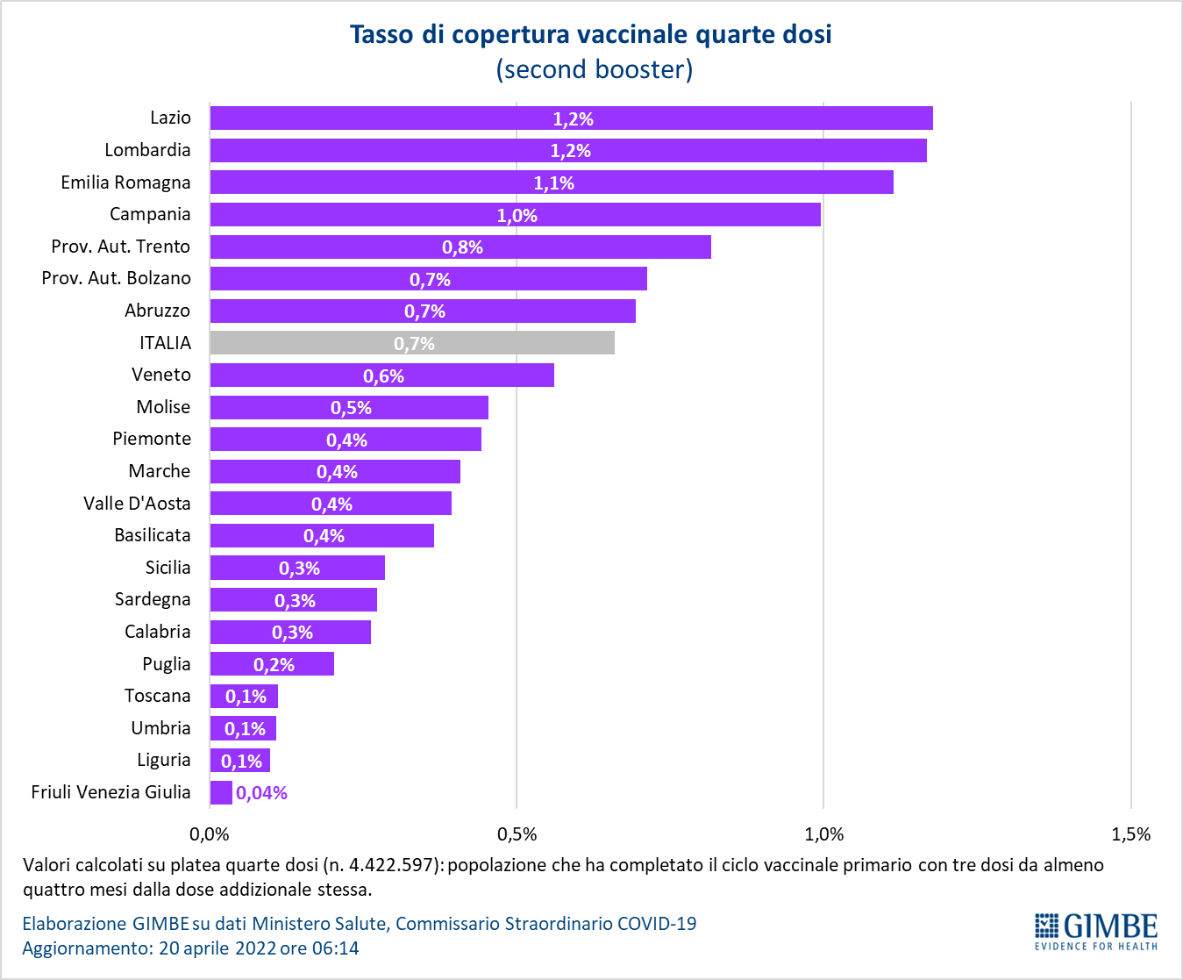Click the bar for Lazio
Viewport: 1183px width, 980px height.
pyautogui.click(x=571, y=118)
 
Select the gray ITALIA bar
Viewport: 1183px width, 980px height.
pyautogui.click(x=412, y=343)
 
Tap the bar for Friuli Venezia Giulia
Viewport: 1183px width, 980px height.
pyautogui.click(x=221, y=792)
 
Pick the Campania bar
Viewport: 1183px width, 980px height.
pyautogui.click(x=515, y=214)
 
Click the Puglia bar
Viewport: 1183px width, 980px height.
pyautogui.click(x=272, y=664)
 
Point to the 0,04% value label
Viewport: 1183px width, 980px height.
pyautogui.click(x=261, y=793)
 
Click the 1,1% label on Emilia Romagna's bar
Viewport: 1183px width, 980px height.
pyautogui.click(x=553, y=183)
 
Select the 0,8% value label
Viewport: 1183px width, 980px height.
pyautogui.click(x=462, y=247)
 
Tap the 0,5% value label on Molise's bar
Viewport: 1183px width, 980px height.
pyautogui.click(x=351, y=408)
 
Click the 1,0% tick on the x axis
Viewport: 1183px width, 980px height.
pyautogui.click(x=824, y=834)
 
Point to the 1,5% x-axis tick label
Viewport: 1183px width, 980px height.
pyautogui.click(x=1131, y=834)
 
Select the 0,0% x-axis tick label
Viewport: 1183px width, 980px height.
pyautogui.click(x=209, y=834)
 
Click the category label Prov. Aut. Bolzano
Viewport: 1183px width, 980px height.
pyautogui.click(x=116, y=278)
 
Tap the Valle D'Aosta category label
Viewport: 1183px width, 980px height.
pyautogui.click(x=137, y=504)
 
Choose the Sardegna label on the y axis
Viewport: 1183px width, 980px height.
pyautogui.click(x=153, y=600)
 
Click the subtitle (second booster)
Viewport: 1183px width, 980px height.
pyautogui.click(x=595, y=69)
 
